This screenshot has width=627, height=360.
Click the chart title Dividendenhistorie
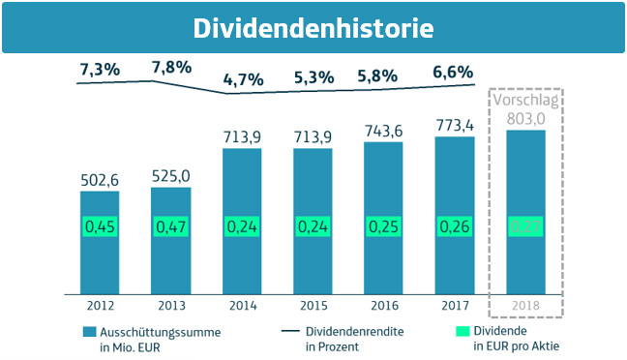coord(313,28)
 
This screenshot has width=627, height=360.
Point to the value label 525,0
coord(170,175)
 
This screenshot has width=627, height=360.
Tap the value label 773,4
coord(455,125)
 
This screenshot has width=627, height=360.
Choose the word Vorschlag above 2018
coord(526,101)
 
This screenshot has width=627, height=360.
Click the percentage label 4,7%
coord(243,79)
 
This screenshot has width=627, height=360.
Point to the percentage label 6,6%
coord(452,71)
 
